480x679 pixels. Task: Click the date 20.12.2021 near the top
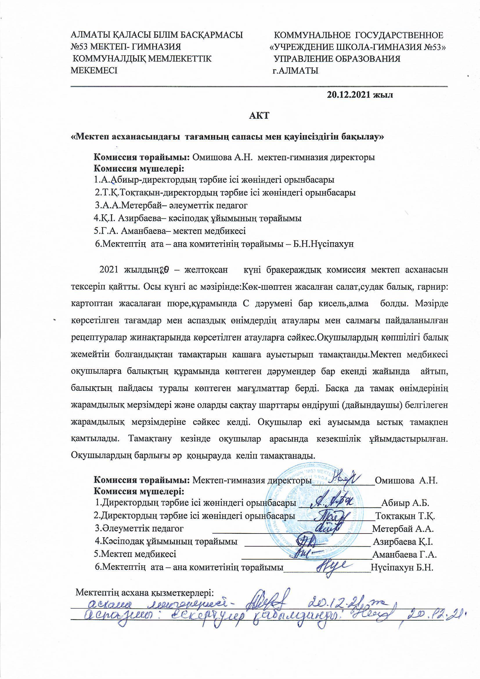[349, 95]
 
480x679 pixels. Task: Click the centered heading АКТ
[259, 116]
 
